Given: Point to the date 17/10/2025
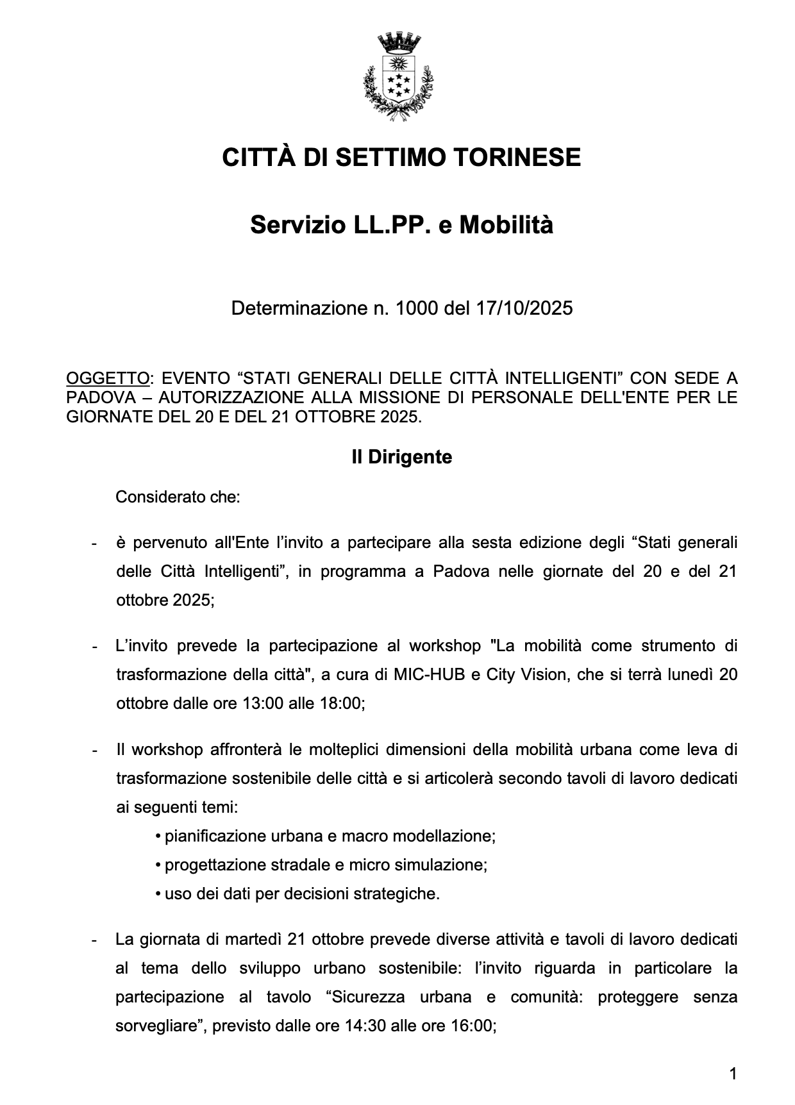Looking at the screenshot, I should pos(524,308).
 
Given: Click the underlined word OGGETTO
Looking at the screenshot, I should pos(107,378).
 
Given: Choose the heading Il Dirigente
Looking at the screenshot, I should pos(401,457).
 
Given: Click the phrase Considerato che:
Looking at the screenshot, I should pos(178,497).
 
